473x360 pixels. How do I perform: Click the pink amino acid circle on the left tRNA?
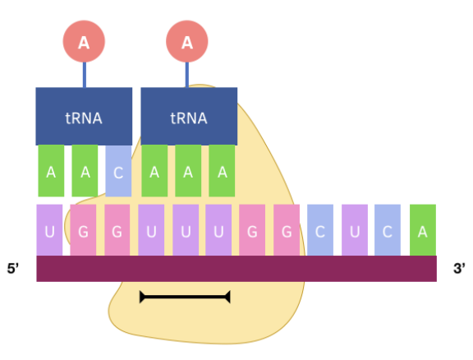coord(84,43)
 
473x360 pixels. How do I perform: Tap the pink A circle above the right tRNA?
coord(187,43)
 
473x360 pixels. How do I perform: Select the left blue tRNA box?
coord(84,117)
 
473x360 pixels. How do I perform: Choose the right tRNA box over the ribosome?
coord(188,117)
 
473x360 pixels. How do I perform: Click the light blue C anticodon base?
coord(118,171)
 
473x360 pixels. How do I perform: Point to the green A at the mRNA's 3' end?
coord(423,230)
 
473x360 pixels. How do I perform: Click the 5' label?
coord(14,269)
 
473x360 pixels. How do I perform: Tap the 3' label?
coord(458,269)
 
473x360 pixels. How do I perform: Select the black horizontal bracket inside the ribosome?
coord(185,296)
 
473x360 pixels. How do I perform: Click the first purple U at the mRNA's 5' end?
coord(50,230)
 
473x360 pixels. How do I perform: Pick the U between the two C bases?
coord(355,230)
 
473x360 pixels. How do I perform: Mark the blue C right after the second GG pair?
coord(320,230)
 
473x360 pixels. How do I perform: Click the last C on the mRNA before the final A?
coord(388,230)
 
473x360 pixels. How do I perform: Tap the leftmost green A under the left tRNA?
coord(51,171)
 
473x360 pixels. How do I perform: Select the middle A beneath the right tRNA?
coord(188,171)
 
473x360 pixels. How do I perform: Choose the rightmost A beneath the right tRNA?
coord(222,171)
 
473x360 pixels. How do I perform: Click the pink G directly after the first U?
coord(84,230)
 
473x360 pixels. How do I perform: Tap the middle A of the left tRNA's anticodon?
coord(85,171)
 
